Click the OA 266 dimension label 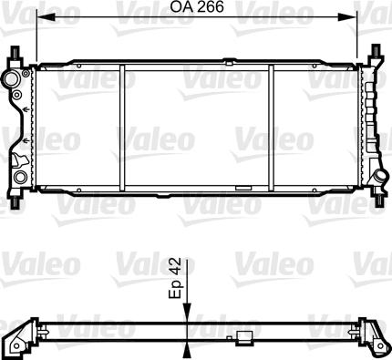tap(197, 6)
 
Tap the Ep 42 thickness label tap(175, 278)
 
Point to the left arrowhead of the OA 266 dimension tap(46, 17)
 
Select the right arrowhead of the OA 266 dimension tap(346, 17)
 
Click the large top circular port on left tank tap(11, 79)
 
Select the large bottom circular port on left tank tap(20, 176)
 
